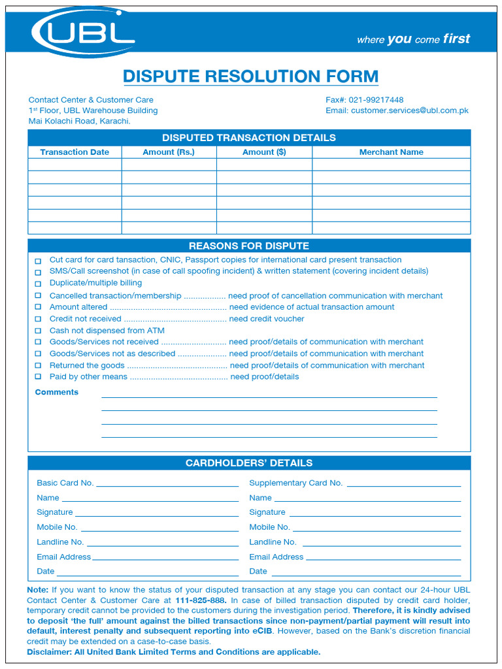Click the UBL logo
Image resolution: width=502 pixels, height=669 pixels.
pyautogui.click(x=84, y=32)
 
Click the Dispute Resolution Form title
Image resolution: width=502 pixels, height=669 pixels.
pyautogui.click(x=250, y=76)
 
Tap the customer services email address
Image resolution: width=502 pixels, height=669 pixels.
pyautogui.click(x=409, y=110)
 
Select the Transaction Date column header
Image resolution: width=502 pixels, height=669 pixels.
pyautogui.click(x=75, y=152)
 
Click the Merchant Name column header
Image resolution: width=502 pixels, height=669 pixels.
pyautogui.click(x=391, y=152)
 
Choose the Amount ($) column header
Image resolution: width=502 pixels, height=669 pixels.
pyautogui.click(x=264, y=152)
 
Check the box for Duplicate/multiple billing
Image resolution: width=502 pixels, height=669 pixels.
pyautogui.click(x=38, y=284)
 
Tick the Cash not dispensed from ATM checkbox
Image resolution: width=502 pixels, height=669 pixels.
pyautogui.click(x=38, y=331)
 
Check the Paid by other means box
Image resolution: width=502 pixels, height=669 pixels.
pyautogui.click(x=38, y=378)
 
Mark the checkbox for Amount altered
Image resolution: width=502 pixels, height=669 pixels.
pyautogui.click(x=38, y=308)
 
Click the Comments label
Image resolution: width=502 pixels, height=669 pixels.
pyautogui.click(x=56, y=392)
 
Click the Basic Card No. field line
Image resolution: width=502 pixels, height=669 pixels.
pyautogui.click(x=167, y=484)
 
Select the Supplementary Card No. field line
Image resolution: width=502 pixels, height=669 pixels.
pyautogui.click(x=403, y=484)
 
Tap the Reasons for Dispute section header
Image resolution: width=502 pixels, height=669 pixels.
pyautogui.click(x=249, y=246)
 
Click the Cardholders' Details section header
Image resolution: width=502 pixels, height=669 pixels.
pyautogui.click(x=249, y=463)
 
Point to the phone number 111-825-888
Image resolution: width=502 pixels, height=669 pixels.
pyautogui.click(x=201, y=600)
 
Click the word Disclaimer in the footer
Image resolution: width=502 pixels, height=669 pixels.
pyautogui.click(x=49, y=652)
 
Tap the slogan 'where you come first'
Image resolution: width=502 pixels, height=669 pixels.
pyautogui.click(x=413, y=39)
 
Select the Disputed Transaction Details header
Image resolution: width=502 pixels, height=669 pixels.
pyautogui.click(x=249, y=138)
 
